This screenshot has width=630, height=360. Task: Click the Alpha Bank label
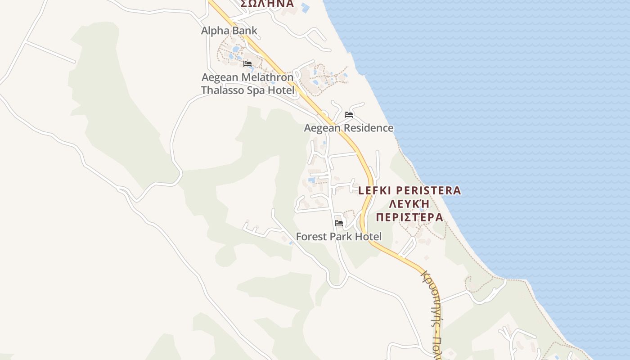(x=229, y=31)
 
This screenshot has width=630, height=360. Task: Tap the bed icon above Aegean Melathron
(x=247, y=64)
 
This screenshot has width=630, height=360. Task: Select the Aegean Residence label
(x=348, y=128)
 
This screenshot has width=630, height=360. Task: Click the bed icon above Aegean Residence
(x=348, y=115)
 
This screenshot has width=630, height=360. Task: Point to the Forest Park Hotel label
(x=338, y=237)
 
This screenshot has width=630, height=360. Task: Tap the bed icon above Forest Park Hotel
(x=339, y=223)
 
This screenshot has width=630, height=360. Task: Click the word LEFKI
(x=377, y=190)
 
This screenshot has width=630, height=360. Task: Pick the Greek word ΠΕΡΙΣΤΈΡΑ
(x=409, y=217)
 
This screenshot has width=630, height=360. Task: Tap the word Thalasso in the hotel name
(x=222, y=90)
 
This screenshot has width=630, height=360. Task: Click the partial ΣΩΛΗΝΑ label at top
(x=267, y=4)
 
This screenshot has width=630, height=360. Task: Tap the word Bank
(x=243, y=31)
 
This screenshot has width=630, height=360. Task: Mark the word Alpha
(x=214, y=31)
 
